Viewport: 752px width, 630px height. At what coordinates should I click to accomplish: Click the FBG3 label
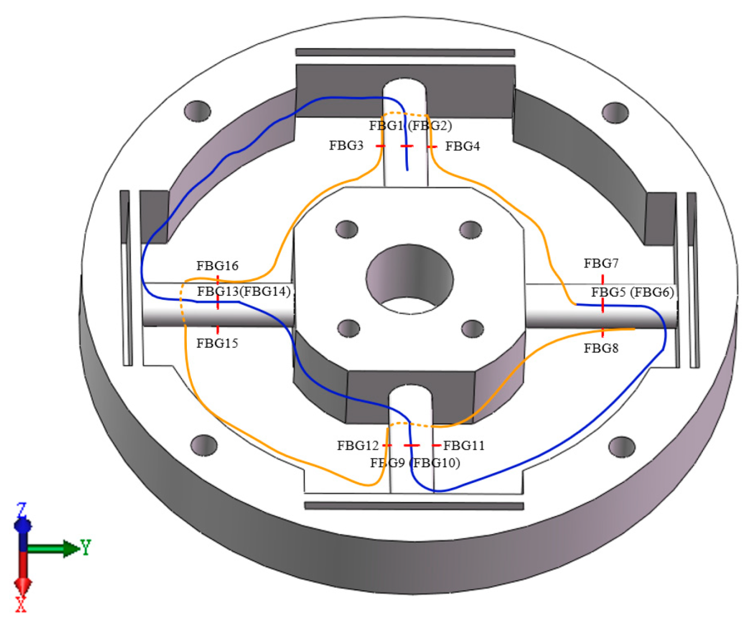346,145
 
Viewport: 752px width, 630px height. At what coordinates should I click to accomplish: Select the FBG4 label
462,146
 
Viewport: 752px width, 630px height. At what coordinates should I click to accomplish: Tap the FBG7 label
601,263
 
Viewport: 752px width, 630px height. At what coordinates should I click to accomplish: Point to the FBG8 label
601,348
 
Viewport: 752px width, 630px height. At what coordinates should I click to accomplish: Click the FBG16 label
217,266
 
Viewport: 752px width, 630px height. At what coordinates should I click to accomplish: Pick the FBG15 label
217,343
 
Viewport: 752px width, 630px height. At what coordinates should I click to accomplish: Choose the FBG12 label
357,445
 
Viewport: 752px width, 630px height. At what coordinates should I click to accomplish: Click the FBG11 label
464,445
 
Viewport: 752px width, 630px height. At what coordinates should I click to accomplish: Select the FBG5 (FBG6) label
632,292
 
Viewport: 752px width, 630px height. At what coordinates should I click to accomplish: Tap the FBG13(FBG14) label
244,291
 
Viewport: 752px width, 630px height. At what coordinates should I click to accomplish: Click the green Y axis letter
86,546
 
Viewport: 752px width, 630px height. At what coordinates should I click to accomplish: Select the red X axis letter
21,604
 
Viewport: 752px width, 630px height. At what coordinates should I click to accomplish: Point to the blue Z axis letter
22,509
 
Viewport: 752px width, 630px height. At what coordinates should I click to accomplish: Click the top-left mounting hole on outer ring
197,111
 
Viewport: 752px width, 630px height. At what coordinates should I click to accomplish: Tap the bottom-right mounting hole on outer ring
621,446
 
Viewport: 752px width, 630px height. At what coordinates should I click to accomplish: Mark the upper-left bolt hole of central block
346,229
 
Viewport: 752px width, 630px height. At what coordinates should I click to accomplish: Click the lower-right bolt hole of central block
472,328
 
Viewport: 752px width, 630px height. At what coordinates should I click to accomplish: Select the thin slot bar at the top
405,52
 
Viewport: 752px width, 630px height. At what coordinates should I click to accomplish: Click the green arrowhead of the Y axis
71,548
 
